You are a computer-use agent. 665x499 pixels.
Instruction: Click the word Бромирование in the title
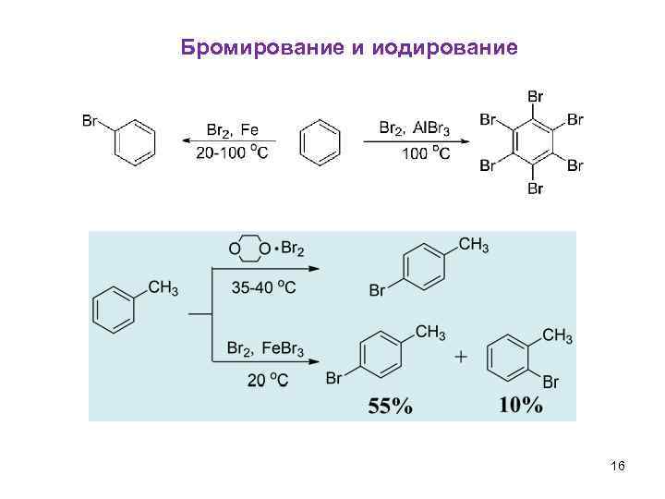pos(262,47)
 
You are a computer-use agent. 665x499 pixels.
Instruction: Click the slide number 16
pos(618,468)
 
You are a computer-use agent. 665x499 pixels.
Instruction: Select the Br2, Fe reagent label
pos(233,130)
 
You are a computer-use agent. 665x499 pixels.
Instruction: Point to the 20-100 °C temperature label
pos(232,152)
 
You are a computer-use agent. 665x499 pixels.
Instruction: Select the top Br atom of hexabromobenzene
pos(534,95)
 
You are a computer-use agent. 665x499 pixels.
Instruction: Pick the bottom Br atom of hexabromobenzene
pos(534,189)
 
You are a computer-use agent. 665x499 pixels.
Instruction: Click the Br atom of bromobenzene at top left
pos(91,120)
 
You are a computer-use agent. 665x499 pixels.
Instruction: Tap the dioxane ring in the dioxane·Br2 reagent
pos(250,249)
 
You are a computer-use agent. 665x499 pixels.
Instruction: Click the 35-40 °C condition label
pos(264,288)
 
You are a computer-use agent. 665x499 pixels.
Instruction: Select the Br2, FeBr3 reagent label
pos(265,349)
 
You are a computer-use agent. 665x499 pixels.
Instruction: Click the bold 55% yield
pos(391,406)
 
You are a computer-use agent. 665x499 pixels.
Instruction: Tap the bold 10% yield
pos(521,406)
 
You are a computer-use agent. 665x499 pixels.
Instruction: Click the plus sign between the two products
pos(461,357)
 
